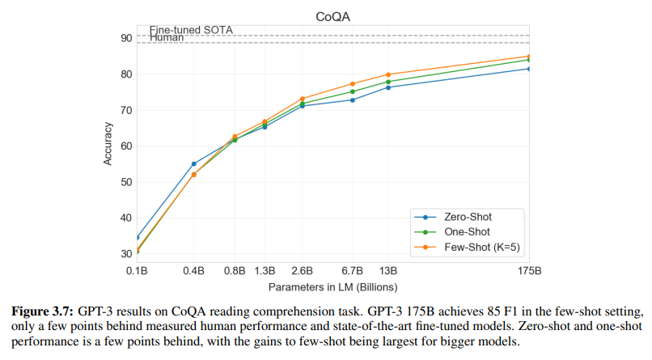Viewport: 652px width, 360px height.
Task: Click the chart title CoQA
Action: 333,16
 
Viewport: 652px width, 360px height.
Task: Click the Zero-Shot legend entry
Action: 468,217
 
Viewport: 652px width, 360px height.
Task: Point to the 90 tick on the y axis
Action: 127,38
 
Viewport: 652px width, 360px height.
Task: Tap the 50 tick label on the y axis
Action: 127,182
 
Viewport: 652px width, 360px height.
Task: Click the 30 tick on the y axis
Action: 127,254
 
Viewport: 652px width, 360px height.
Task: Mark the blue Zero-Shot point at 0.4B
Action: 194,163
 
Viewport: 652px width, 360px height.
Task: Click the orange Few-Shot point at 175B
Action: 528,57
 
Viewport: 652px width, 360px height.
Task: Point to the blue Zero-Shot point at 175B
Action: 528,69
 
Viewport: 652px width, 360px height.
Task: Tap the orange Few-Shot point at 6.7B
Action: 353,84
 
